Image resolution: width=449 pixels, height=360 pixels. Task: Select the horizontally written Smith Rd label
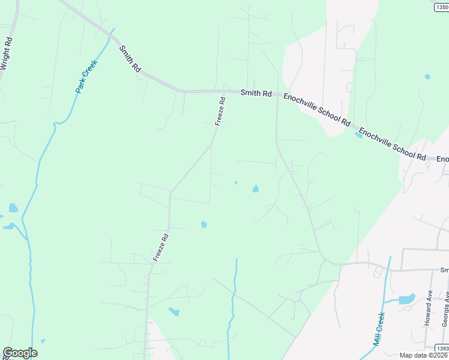256,94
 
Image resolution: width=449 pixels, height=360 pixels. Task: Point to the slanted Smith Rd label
130,59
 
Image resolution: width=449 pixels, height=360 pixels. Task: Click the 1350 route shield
441,6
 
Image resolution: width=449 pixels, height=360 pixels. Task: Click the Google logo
20,353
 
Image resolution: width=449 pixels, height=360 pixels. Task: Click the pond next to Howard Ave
407,298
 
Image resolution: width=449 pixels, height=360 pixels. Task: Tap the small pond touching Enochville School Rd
358,135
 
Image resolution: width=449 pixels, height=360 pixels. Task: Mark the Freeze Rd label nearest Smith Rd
220,112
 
